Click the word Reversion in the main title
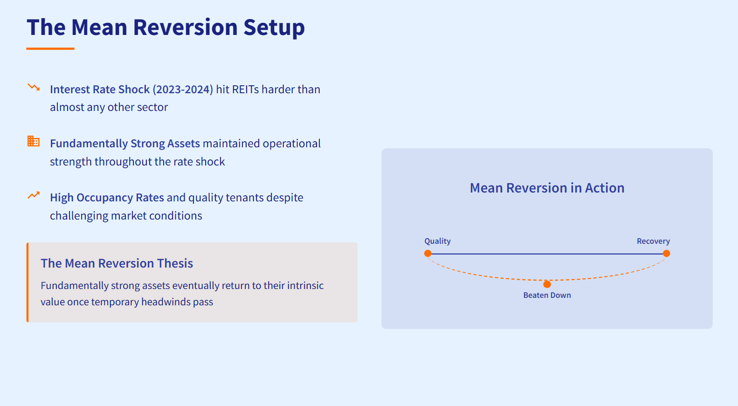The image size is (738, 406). tap(186, 28)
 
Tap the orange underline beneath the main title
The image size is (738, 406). tap(50, 48)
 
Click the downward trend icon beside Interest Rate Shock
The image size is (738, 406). tap(34, 87)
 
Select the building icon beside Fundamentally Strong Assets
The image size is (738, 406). tap(34, 141)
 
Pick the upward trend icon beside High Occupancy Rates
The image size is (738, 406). tap(34, 195)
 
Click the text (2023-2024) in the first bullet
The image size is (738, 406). tap(183, 89)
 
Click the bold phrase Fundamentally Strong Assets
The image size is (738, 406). tap(125, 144)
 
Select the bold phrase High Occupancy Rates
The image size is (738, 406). tap(107, 198)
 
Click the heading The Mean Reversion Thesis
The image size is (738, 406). tap(117, 263)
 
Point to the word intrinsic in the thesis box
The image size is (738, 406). tap(305, 285)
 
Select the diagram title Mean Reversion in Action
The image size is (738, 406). tap(547, 188)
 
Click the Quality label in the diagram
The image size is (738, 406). tap(437, 241)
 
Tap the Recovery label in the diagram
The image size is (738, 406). tap(653, 241)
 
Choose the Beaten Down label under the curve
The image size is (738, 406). tap(547, 295)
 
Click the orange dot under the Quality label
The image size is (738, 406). tap(428, 254)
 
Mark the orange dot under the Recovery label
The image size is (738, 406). tap(667, 254)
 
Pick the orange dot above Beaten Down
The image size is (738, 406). tap(547, 284)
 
